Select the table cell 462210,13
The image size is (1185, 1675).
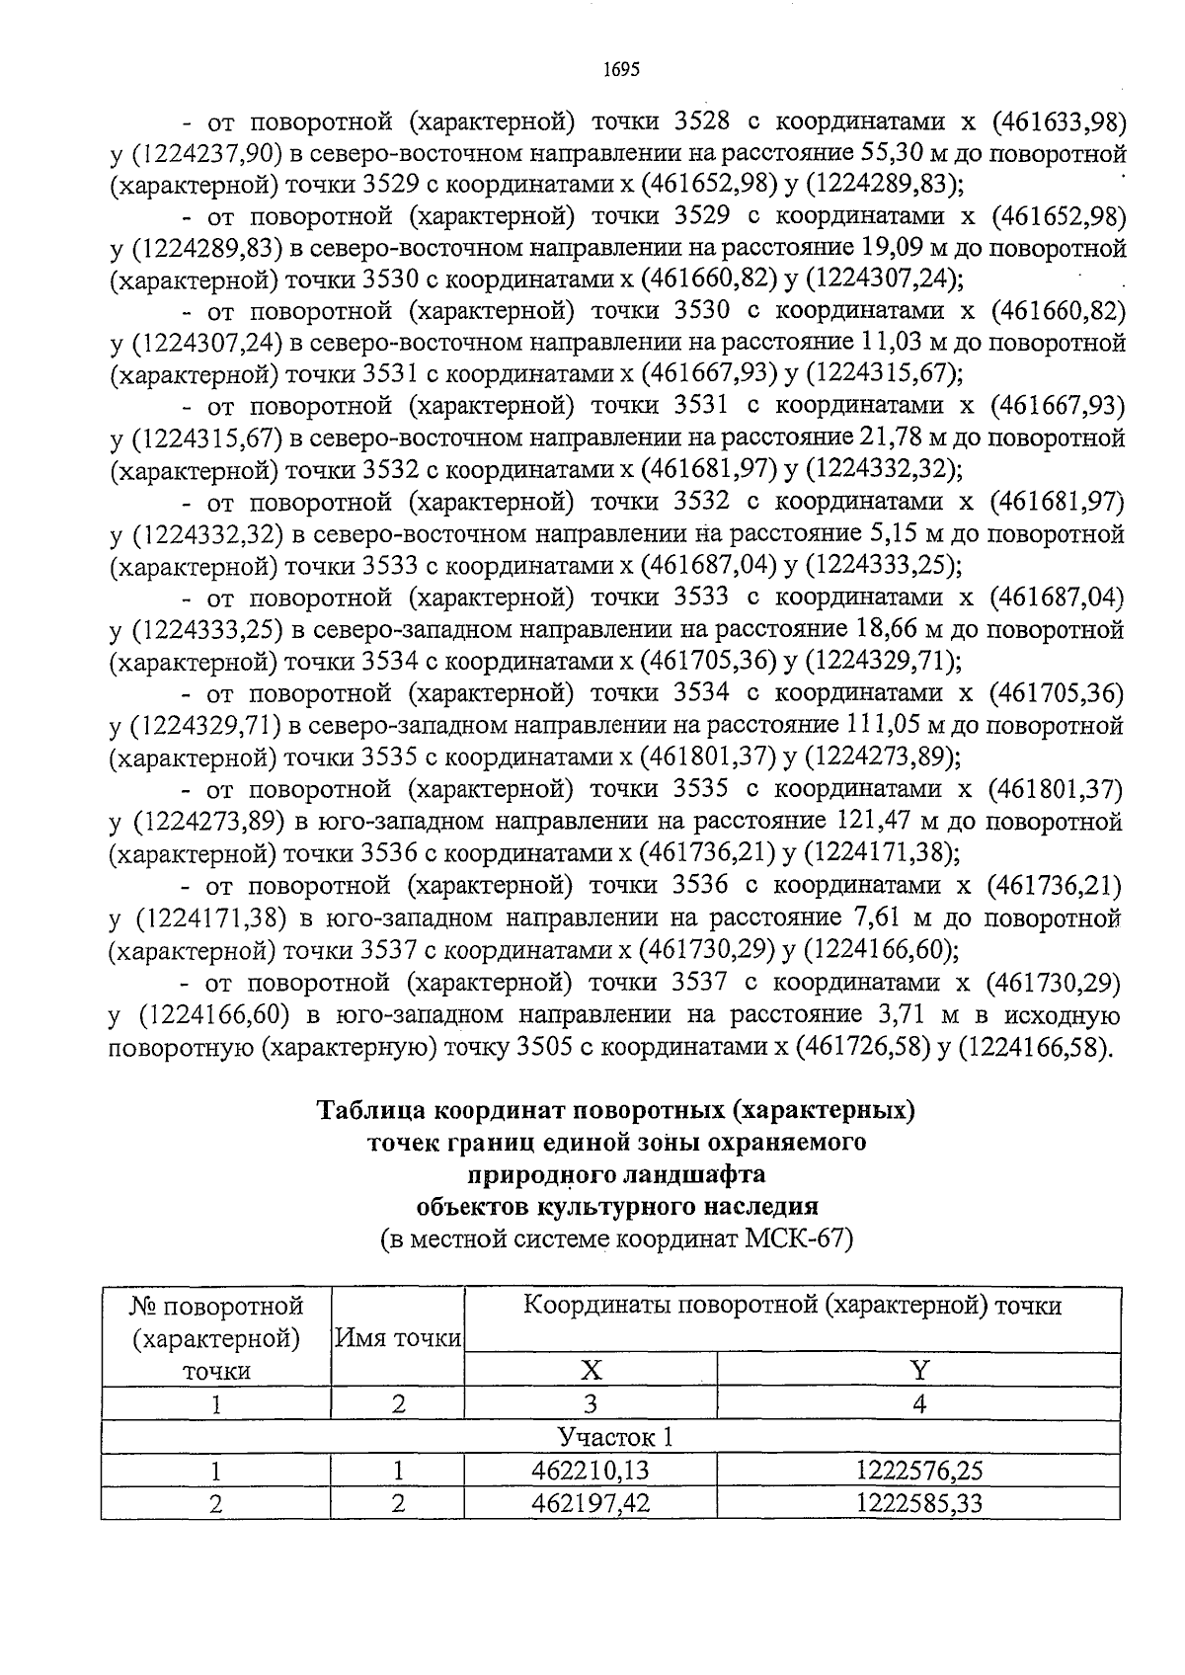point(590,1471)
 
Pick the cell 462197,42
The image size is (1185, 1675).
point(590,1503)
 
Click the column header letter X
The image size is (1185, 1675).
point(591,1370)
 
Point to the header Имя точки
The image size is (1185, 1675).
point(398,1337)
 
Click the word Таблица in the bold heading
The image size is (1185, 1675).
point(373,1110)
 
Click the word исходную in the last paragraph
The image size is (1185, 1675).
point(1062,1014)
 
